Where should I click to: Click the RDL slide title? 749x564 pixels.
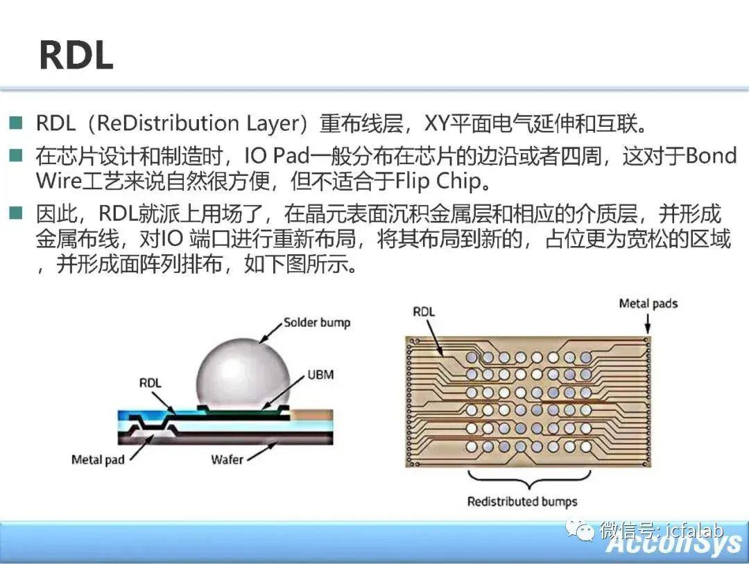coord(76,55)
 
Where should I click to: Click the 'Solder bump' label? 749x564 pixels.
coord(317,323)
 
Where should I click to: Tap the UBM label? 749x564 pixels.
coord(320,375)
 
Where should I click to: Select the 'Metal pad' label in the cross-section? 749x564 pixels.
coord(98,459)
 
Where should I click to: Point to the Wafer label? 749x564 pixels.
coord(227,459)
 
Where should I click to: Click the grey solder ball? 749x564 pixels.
coord(243,372)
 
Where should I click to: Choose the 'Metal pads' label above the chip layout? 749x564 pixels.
coord(648,303)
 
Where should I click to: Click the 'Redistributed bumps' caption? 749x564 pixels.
coord(522,502)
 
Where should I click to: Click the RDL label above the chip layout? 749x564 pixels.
coord(424,312)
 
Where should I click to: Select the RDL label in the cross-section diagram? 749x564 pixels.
coord(150,382)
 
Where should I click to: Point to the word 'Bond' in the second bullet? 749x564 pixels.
coord(712,156)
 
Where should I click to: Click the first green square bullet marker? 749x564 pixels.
coord(16,123)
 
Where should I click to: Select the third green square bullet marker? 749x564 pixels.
coord(16,213)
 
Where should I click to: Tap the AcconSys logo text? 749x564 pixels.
coord(673,543)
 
